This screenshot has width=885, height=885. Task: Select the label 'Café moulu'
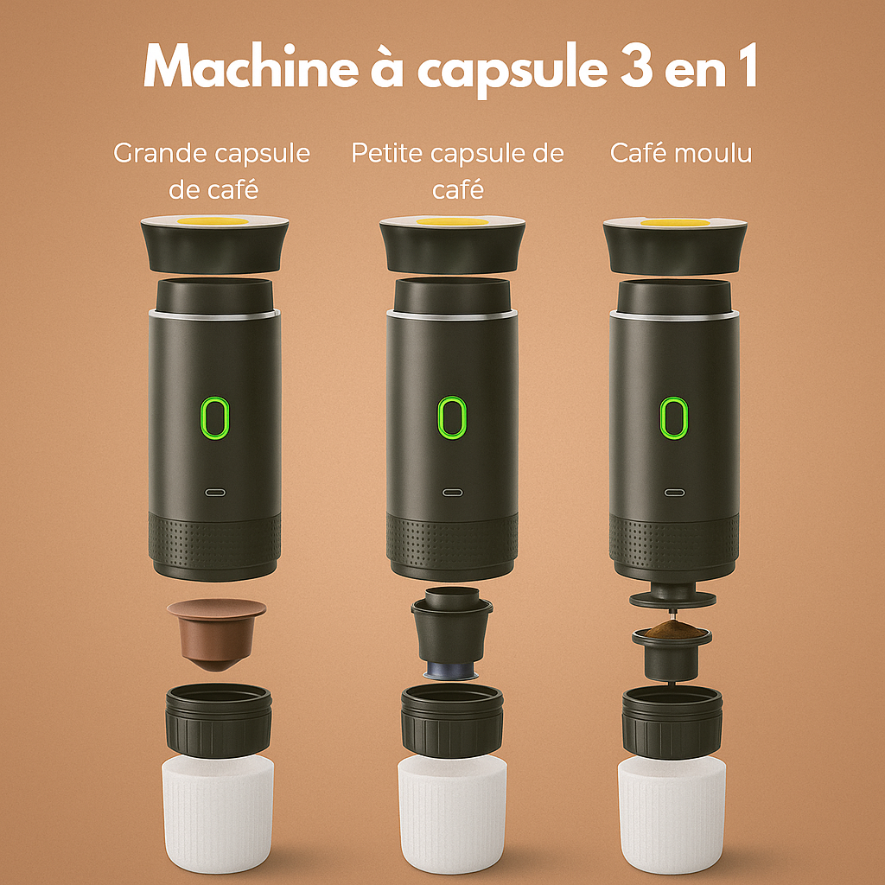(x=681, y=154)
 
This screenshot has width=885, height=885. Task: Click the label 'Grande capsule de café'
(x=212, y=171)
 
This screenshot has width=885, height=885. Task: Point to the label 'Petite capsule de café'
(x=457, y=171)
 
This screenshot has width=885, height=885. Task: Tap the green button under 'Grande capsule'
(x=215, y=418)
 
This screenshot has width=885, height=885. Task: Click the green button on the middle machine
(x=449, y=418)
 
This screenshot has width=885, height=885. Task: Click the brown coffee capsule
(x=216, y=634)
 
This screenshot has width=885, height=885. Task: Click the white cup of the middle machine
(x=451, y=812)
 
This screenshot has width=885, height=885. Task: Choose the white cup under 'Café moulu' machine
(x=672, y=812)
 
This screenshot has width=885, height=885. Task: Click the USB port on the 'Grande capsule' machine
(x=215, y=493)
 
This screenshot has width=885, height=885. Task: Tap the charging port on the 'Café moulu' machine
(x=673, y=493)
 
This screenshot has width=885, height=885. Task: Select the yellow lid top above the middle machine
(x=451, y=222)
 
